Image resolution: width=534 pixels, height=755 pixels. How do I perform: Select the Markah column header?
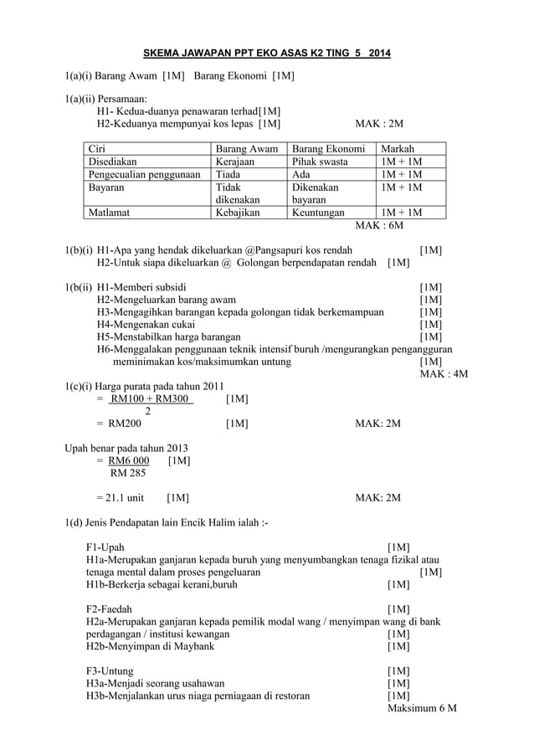click(x=398, y=148)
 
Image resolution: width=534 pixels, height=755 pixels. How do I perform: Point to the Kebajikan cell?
click(x=238, y=213)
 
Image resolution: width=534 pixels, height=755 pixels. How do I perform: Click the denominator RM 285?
click(x=116, y=473)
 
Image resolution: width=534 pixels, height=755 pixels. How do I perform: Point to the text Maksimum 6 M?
click(x=422, y=708)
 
